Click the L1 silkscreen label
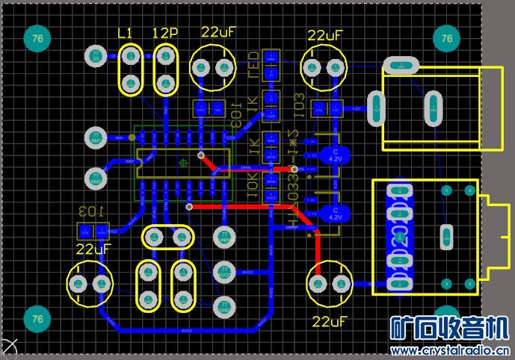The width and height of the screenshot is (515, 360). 126,33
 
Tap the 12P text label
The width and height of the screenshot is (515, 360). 164,33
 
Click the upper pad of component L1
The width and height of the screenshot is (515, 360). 131,55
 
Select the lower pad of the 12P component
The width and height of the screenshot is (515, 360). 166,82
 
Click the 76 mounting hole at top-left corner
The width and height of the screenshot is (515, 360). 37,38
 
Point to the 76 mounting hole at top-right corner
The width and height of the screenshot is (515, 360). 447,38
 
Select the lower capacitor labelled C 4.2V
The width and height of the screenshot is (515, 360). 334,214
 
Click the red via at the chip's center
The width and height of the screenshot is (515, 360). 201,155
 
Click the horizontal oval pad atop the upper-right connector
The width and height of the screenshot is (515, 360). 403,65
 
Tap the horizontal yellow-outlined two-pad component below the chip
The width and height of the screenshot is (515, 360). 167,238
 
